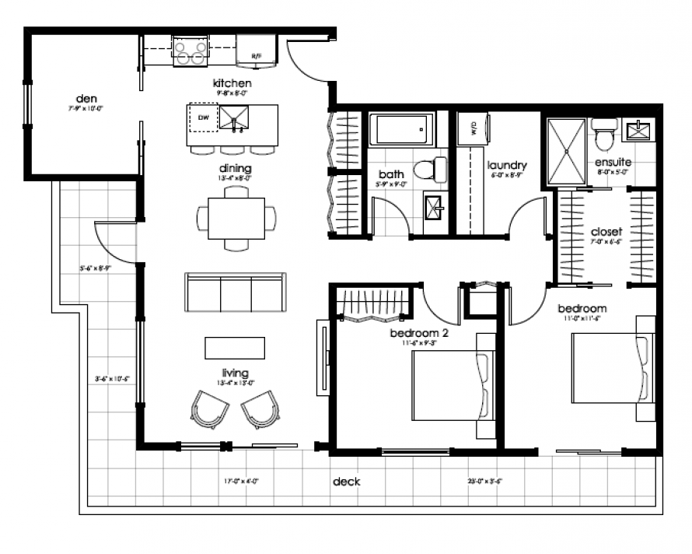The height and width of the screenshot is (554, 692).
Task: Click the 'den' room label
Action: (86, 99)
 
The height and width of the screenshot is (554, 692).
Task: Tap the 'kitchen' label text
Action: (233, 83)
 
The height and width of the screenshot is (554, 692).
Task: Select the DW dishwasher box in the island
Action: (203, 118)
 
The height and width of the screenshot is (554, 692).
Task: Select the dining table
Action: (236, 219)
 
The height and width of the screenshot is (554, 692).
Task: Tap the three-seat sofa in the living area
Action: (235, 291)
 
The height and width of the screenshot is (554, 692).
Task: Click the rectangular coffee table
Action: (234, 347)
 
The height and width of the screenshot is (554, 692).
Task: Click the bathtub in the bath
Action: (401, 129)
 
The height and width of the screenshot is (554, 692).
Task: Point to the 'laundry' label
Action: (507, 166)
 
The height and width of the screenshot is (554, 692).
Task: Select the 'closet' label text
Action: (606, 232)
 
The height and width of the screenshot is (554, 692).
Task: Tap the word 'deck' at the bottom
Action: (346, 482)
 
